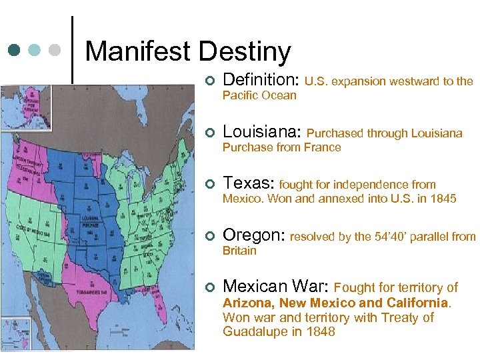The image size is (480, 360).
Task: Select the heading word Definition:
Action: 261,81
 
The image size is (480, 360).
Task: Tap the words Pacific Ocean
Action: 259,95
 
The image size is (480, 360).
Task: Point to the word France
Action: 323,147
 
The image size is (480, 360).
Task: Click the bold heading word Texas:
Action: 249,183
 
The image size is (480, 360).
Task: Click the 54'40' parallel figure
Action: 407,236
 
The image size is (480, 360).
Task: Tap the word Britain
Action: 239,251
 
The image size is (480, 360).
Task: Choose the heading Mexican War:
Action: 275,287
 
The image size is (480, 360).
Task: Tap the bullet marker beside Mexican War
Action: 209,288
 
